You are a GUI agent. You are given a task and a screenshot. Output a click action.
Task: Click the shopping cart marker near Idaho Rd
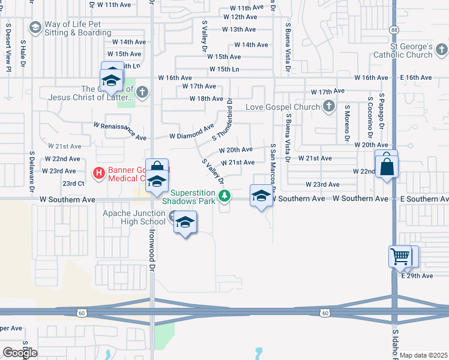click(400, 257)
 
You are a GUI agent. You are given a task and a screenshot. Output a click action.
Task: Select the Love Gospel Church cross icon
click(328, 107)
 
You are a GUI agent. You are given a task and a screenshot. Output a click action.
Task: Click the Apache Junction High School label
click(134, 217)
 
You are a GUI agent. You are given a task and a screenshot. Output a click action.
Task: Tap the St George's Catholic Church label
click(403, 50)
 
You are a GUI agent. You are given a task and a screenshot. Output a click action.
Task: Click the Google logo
click(20, 353)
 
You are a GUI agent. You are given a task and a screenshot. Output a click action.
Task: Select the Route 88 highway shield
click(393, 29)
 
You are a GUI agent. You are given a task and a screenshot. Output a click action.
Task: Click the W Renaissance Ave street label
click(120, 131)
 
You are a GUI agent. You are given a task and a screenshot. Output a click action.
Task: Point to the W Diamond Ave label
click(191, 132)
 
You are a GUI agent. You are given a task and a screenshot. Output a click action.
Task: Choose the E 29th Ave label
click(417, 275)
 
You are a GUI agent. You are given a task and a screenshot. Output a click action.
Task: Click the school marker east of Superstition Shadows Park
click(261, 197)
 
